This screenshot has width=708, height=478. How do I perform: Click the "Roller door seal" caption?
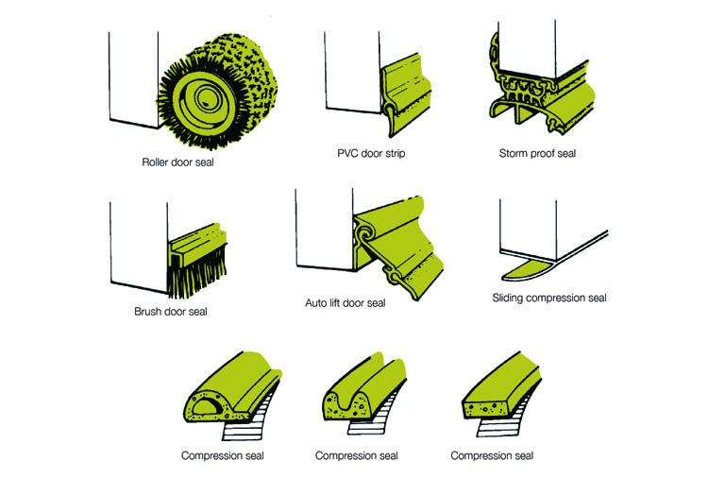(x=177, y=162)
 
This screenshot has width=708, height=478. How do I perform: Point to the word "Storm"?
(x=514, y=153)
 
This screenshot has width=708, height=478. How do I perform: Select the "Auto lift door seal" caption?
(x=345, y=303)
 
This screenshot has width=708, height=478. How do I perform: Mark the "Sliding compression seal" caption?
(x=548, y=299)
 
